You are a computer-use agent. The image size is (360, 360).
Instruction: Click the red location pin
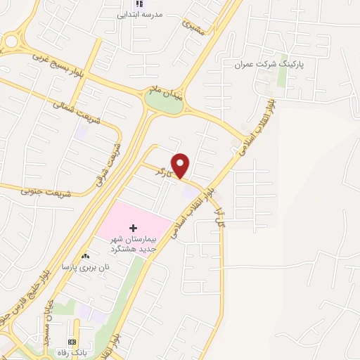181,165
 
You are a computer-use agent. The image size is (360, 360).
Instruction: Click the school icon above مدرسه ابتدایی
128,4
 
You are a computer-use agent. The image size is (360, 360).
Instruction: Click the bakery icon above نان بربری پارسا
85,257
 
